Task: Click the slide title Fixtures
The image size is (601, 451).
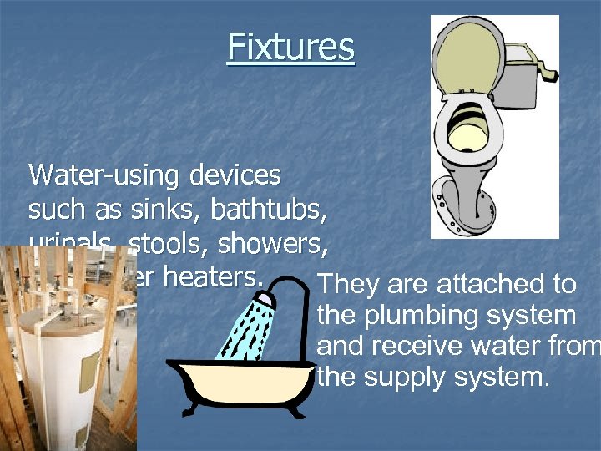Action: [290, 47]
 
